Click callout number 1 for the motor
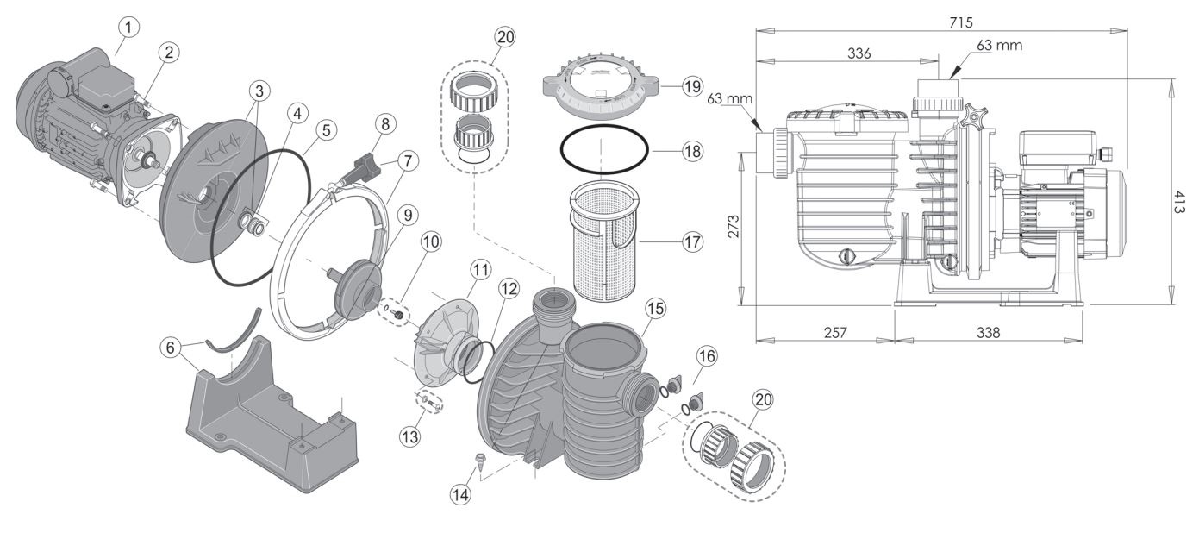(127, 28)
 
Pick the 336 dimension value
(859, 53)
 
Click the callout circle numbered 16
(707, 354)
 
